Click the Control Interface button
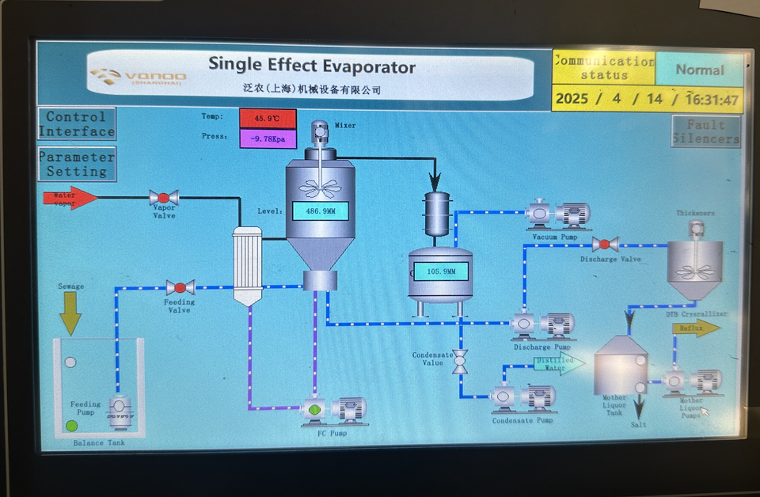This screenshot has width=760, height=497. click(77, 124)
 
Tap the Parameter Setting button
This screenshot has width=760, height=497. click(77, 164)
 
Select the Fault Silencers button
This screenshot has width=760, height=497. click(706, 131)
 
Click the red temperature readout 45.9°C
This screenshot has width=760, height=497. click(268, 119)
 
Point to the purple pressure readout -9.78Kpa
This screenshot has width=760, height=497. click(268, 139)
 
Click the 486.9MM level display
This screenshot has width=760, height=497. click(320, 211)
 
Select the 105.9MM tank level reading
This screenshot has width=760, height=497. click(441, 271)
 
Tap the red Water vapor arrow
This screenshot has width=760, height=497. click(70, 197)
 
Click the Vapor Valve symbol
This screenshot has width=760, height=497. click(164, 198)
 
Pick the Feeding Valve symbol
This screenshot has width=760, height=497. click(180, 287)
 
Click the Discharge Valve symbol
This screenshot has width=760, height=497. click(606, 245)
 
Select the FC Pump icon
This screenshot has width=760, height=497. click(332, 410)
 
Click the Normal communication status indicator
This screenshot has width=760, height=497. click(700, 70)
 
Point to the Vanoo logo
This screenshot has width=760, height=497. click(139, 77)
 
